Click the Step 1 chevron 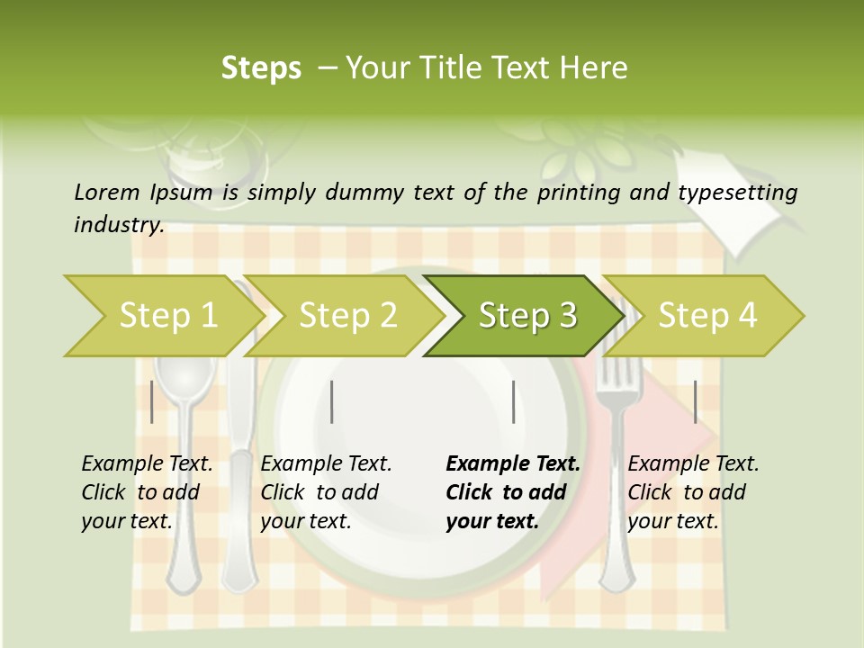[x=166, y=316]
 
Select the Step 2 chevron [x=346, y=316]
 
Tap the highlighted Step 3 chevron [x=526, y=316]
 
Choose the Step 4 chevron [x=706, y=316]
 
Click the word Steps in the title [x=261, y=68]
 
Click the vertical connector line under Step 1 [x=152, y=401]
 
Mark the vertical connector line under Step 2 [x=332, y=401]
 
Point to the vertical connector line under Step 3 [x=513, y=401]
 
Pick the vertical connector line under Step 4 [x=695, y=401]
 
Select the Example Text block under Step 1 [x=147, y=492]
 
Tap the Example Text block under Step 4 [x=693, y=492]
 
